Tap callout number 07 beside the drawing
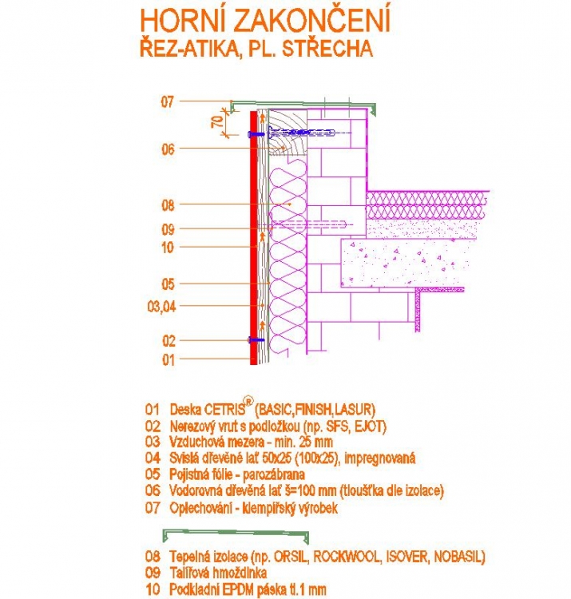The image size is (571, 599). [x=167, y=101]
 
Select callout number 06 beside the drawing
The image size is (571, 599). [x=167, y=149]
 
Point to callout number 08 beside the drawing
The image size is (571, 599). [x=167, y=205]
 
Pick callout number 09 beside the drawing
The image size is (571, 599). [x=167, y=229]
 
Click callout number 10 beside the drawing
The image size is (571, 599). [x=167, y=248]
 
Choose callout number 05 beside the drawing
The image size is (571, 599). [x=167, y=284]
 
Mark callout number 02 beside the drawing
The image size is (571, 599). [x=167, y=340]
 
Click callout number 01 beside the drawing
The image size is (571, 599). [x=167, y=360]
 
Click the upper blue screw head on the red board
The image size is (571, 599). [x=252, y=134]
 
